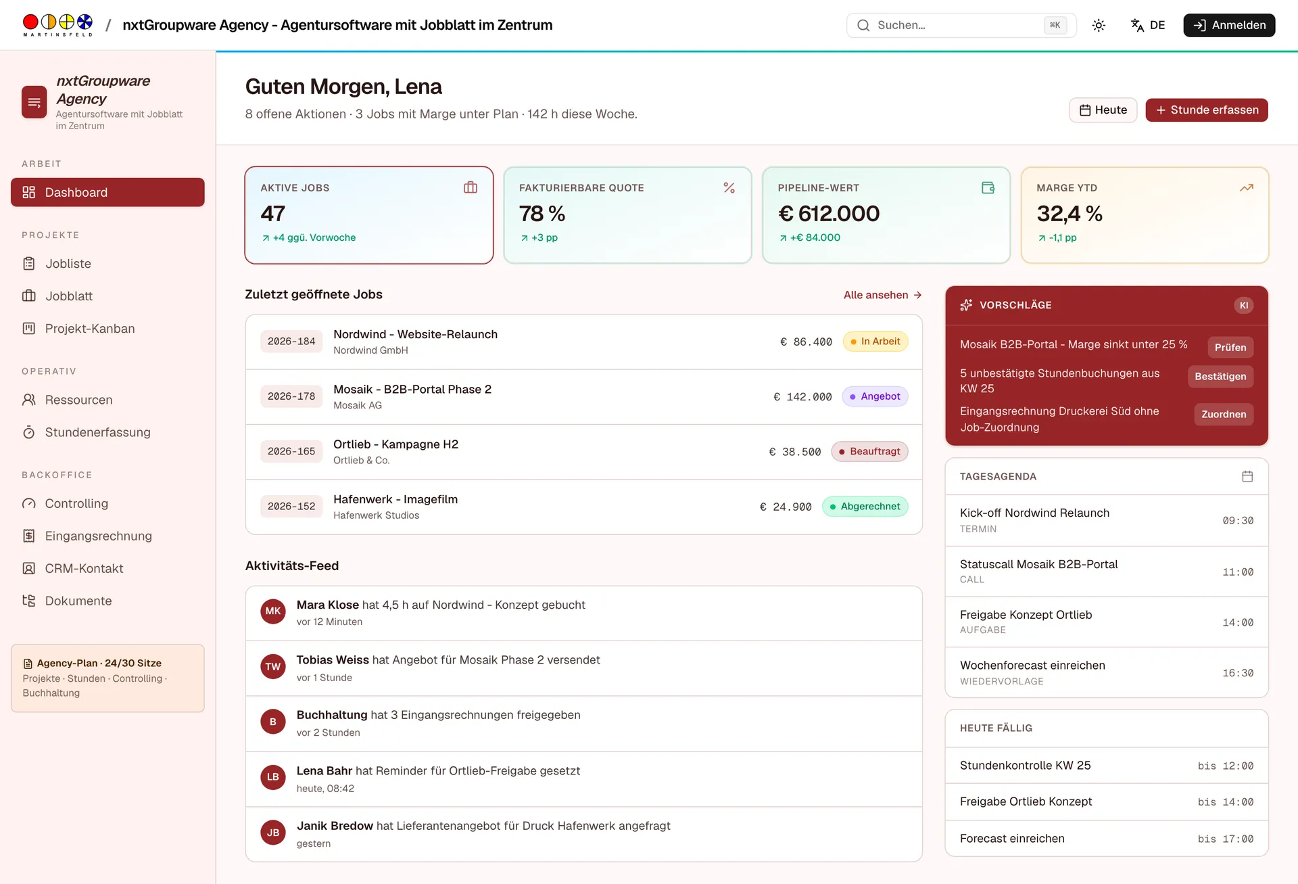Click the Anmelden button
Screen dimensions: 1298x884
coord(1229,25)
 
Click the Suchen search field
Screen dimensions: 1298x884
coord(961,25)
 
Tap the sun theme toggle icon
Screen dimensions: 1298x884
coord(1099,25)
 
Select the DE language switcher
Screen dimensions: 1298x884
coord(1148,25)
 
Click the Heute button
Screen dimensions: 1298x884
coord(1103,110)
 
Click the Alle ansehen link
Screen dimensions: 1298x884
coord(882,295)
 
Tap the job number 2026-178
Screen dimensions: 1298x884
coord(291,396)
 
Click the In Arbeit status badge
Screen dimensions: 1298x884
coord(875,342)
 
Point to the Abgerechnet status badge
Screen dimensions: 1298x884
coord(865,507)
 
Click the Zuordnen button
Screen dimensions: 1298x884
coord(1224,415)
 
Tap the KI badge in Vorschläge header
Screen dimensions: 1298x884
coord(1243,306)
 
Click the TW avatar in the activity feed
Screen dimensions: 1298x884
coord(273,667)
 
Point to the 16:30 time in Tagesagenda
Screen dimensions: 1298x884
coord(1238,673)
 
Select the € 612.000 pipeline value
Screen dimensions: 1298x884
coord(829,214)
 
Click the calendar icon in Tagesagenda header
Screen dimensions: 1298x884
coord(1247,476)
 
